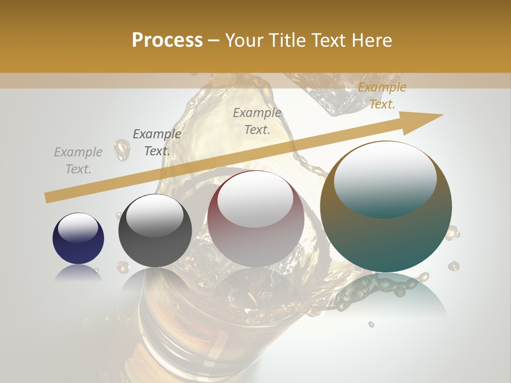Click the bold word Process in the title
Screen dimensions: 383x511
pos(167,40)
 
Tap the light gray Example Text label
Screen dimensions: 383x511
pos(78,161)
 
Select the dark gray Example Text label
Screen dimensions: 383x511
pos(156,143)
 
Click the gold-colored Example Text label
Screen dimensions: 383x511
pos(382,96)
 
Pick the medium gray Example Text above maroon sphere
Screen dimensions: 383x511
pos(257,121)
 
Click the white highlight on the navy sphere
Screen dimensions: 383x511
pos(78,228)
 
